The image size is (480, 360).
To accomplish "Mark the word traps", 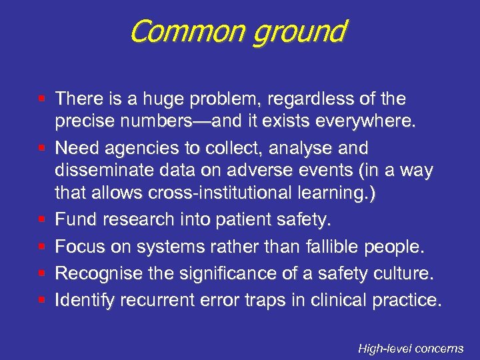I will (284, 300).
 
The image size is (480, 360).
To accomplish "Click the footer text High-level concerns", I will (410, 348).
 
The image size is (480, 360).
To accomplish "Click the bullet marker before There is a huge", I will (42, 99).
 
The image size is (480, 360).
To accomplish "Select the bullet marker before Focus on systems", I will (42, 247).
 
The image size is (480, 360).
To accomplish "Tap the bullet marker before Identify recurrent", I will (42, 300).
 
